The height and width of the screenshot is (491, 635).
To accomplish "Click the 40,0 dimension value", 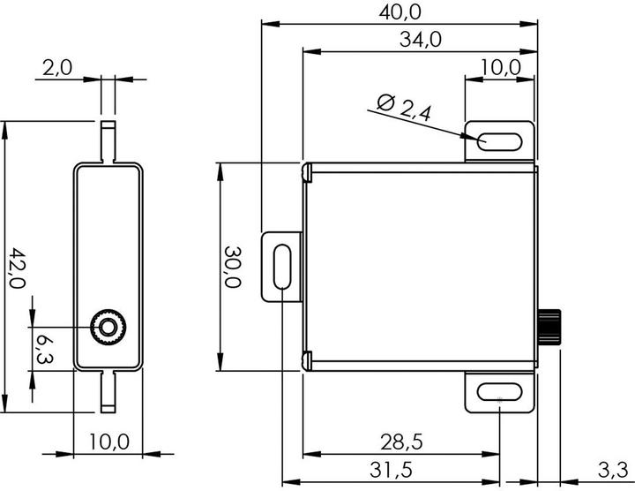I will pos(400,11).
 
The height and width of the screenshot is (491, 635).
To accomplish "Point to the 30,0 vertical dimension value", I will pos(232,267).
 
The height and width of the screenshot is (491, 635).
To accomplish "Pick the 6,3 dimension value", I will pos(45,347).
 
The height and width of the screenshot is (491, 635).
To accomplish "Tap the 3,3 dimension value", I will pos(612,469).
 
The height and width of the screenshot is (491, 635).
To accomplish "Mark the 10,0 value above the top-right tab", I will pos(500,67).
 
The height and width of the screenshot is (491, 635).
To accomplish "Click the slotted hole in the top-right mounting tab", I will pos(498,141).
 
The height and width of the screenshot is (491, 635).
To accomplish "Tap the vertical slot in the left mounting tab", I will pos(281,266).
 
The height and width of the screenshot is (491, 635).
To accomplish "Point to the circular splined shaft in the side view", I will pos(108,328).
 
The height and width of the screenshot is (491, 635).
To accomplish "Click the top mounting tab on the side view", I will pos(108,141).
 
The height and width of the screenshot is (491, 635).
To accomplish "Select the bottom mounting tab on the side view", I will pos(108,390).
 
